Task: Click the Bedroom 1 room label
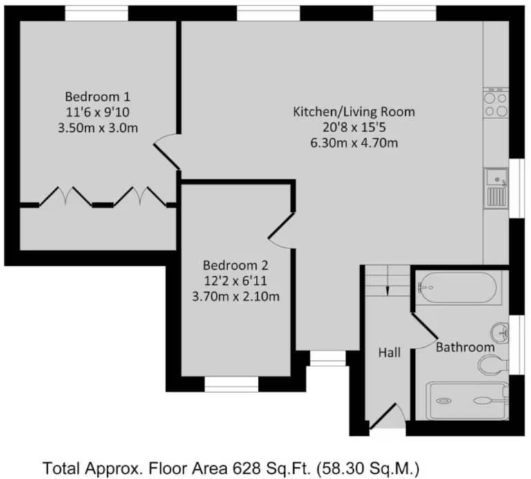[x=97, y=97]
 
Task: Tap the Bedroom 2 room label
[x=235, y=265]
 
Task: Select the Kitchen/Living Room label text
[x=354, y=112]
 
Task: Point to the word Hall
[x=389, y=353]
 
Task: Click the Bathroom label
[x=465, y=347]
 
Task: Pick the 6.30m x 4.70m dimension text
[x=354, y=143]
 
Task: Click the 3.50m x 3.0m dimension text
[x=98, y=128]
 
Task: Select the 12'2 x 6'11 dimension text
[x=235, y=281]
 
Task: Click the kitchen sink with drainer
[x=496, y=188]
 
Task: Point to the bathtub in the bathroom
[x=458, y=287]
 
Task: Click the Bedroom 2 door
[x=282, y=226]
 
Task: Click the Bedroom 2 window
[x=232, y=384]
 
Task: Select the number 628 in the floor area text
[x=247, y=469]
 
